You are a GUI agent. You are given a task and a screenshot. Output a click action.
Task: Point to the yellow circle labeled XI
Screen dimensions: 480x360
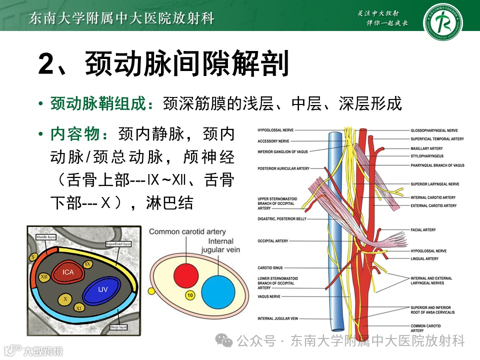tap(78, 308)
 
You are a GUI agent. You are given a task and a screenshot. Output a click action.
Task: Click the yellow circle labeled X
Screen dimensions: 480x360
tap(65, 298)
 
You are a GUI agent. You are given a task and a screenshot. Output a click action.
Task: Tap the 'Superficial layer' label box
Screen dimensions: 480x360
tap(118, 244)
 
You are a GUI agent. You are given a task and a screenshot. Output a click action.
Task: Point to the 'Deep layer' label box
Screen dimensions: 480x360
tap(118, 328)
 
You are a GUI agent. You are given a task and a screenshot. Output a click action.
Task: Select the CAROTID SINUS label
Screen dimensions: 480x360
tap(270, 268)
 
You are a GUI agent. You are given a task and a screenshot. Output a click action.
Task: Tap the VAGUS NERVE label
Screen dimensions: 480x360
tap(270, 296)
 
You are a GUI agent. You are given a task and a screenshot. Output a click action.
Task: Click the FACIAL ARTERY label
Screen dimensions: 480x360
tap(423, 230)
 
